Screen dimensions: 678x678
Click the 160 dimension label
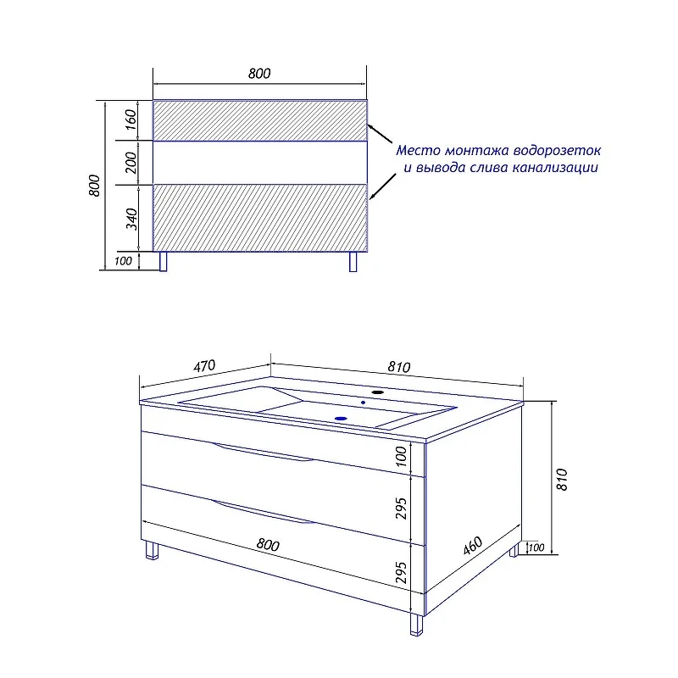coord(131,119)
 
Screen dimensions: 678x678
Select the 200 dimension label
coord(131,163)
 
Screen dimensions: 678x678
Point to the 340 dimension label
coord(131,219)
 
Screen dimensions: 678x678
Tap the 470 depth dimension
coord(204,366)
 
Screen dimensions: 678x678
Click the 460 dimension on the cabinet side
coord(473,546)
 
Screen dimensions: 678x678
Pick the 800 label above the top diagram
coord(259,74)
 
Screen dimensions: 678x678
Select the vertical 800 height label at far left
coord(94,186)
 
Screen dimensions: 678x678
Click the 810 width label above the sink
coord(398,367)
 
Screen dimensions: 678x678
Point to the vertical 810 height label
coord(561,479)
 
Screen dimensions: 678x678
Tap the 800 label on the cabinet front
coord(268,544)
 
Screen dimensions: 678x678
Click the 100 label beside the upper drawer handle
coord(401,456)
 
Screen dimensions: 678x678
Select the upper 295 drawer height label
coord(401,508)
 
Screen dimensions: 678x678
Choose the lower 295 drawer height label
coord(401,573)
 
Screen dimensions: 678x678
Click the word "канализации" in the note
coord(555,168)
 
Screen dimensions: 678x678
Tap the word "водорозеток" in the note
coord(558,151)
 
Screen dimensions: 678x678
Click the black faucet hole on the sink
coord(378,392)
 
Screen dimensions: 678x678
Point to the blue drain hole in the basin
coord(342,419)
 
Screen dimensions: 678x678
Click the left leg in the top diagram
coord(163,262)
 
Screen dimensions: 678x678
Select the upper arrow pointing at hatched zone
coord(380,134)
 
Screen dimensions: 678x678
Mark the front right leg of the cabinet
coord(416,625)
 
